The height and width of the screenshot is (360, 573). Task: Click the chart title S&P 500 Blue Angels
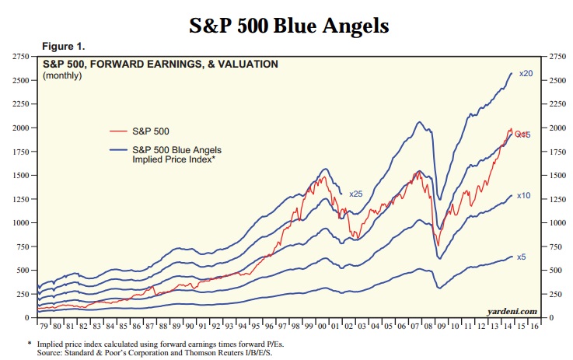pyautogui.click(x=288, y=25)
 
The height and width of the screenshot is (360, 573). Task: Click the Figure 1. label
pyautogui.click(x=63, y=47)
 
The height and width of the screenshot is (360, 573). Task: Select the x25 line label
pyautogui.click(x=356, y=193)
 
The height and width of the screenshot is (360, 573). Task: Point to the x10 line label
pyautogui.click(x=524, y=196)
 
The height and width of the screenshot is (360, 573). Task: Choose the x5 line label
pyautogui.click(x=522, y=257)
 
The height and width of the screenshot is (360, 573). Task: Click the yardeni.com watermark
pyautogui.click(x=512, y=311)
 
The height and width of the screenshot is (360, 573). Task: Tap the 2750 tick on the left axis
pyautogui.click(x=20, y=58)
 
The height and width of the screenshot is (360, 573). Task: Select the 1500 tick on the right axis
pyautogui.click(x=553, y=176)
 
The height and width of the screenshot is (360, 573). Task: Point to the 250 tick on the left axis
pyautogui.click(x=23, y=294)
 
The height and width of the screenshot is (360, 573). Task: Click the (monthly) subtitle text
pyautogui.click(x=64, y=75)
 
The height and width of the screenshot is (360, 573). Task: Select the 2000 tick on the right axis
pyautogui.click(x=553, y=128)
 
